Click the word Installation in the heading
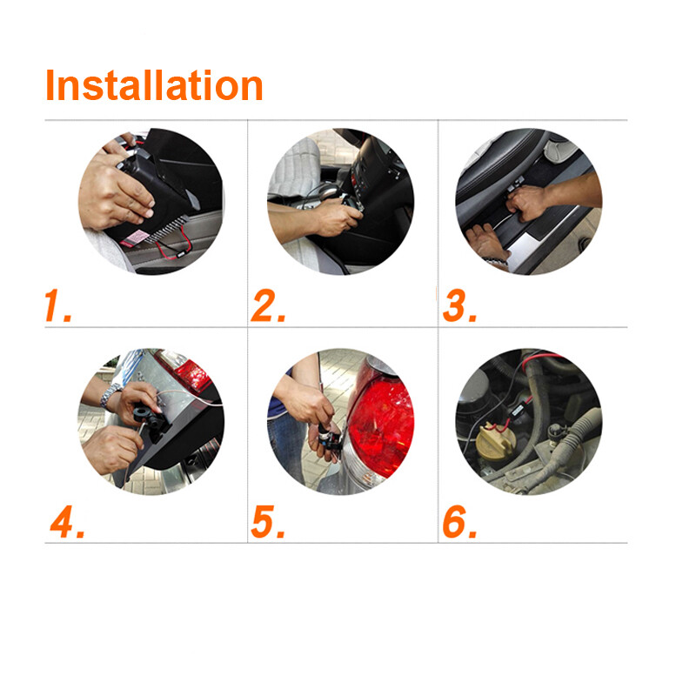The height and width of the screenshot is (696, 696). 154,85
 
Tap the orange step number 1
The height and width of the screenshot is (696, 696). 57,307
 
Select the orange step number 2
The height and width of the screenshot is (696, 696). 268,307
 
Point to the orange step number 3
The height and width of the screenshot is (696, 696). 458,307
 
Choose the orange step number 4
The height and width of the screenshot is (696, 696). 66,522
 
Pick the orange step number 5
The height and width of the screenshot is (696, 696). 268,522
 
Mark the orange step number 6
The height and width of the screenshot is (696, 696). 459,522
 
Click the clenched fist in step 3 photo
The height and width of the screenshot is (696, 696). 525,203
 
